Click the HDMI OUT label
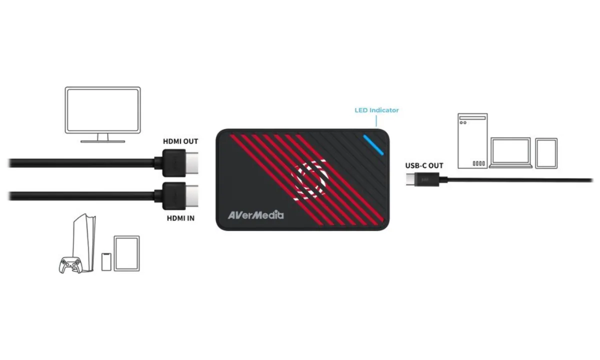pyautogui.click(x=180, y=141)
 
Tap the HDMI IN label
pyautogui.click(x=180, y=218)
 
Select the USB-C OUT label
pyautogui.click(x=424, y=166)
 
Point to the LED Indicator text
pyautogui.click(x=376, y=110)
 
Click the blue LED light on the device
pyautogui.click(x=373, y=145)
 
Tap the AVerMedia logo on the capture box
pyautogui.click(x=256, y=215)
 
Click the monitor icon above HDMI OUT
pyautogui.click(x=103, y=114)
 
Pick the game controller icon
pyautogui.click(x=70, y=265)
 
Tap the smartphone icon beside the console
pyautogui.click(x=106, y=261)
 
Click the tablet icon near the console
pyautogui.click(x=126, y=253)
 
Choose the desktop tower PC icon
pyautogui.click(x=472, y=141)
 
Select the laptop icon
pyautogui.click(x=510, y=153)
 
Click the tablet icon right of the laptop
pyautogui.click(x=546, y=153)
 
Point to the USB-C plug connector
pyautogui.click(x=422, y=179)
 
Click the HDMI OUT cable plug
pyautogui.click(x=180, y=163)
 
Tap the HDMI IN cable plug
pyautogui.click(x=180, y=196)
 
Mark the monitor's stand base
pyautogui.click(x=103, y=141)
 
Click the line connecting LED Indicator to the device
pyautogui.click(x=376, y=121)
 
